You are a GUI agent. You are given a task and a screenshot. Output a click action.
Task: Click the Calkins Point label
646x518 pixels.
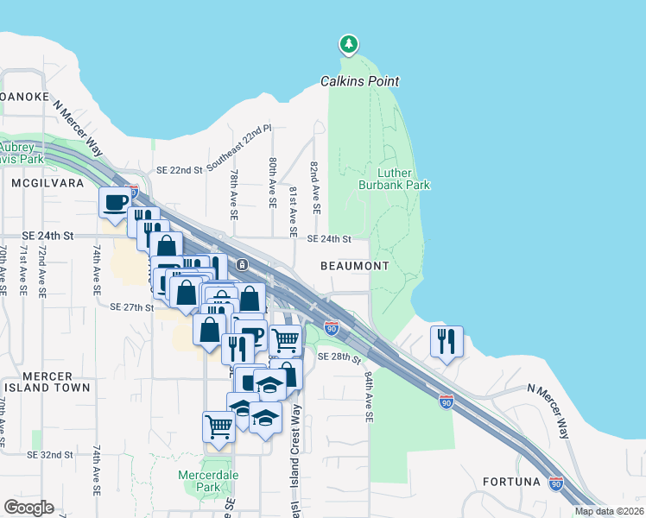point(360,81)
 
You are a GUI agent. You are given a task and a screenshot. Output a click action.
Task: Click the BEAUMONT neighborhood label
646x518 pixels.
point(355,266)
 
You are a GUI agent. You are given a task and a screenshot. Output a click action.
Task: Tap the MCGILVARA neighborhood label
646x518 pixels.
point(36,184)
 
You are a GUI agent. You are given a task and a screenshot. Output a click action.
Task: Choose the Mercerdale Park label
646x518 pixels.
point(200,481)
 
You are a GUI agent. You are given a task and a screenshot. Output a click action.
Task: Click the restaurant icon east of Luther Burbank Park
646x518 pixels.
point(446,341)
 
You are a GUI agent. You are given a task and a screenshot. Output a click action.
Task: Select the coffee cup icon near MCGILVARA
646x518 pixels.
point(116,203)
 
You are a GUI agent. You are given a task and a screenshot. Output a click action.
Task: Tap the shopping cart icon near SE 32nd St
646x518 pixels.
point(219,426)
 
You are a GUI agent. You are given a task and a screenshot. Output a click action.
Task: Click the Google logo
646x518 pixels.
point(28,507)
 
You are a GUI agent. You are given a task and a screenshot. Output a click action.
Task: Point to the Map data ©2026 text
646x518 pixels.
point(609,511)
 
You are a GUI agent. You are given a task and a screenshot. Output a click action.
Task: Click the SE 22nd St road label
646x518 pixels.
point(178,170)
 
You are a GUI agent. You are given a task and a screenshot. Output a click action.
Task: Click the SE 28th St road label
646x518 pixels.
point(337,357)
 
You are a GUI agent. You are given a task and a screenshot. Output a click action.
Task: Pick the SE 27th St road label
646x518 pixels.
point(131,306)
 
